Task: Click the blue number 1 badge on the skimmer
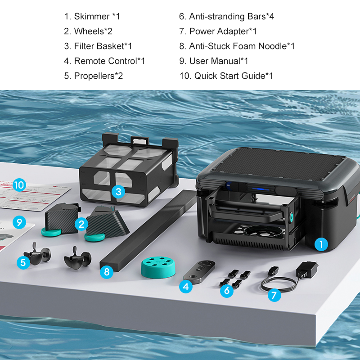(320, 244)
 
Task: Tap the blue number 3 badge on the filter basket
(118, 192)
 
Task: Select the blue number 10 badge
(19, 185)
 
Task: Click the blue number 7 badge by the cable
(274, 296)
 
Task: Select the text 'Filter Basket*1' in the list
(103, 46)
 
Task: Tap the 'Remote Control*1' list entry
(109, 61)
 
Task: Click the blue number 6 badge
(227, 290)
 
